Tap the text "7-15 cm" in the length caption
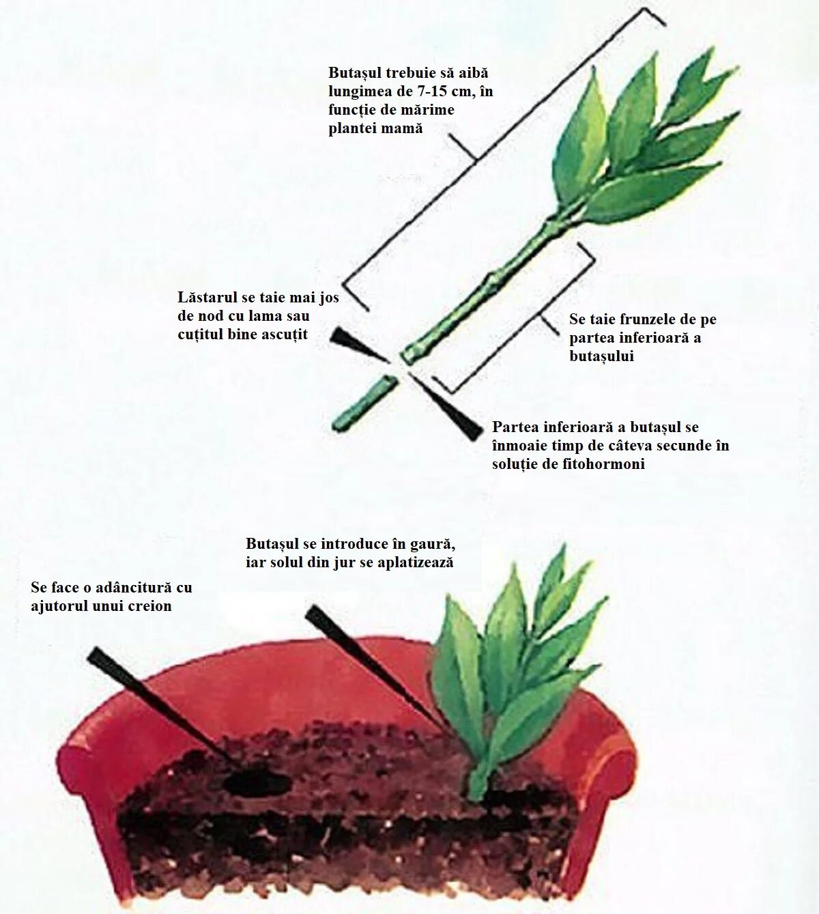433,91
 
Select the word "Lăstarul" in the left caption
207,298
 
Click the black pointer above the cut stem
357,345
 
